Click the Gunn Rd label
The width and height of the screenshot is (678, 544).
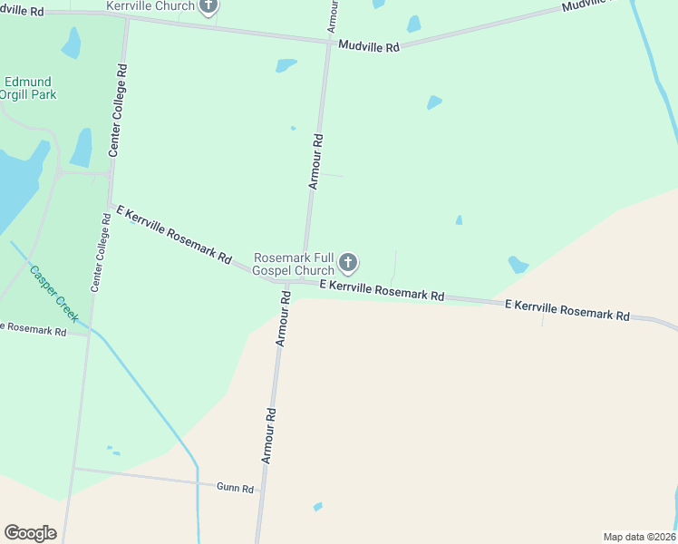pyautogui.click(x=235, y=487)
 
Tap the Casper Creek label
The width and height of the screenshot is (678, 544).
pyautogui.click(x=54, y=292)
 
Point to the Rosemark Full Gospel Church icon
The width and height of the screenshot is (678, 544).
pyautogui.click(x=347, y=265)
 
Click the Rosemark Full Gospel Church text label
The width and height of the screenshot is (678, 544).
pyautogui.click(x=294, y=265)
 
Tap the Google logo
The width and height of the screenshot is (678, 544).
pyautogui.click(x=30, y=533)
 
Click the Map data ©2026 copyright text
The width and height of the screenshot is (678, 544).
pyautogui.click(x=640, y=537)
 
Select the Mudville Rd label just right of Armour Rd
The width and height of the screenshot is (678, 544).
pyautogui.click(x=369, y=45)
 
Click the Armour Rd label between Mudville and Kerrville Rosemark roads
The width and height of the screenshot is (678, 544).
pyautogui.click(x=315, y=161)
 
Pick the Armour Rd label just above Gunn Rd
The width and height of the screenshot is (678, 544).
pyautogui.click(x=269, y=436)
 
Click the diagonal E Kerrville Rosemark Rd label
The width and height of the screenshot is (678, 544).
pyautogui.click(x=174, y=233)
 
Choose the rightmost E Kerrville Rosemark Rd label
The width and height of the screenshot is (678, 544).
pyautogui.click(x=567, y=310)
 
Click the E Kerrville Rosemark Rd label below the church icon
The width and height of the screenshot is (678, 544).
pyautogui.click(x=386, y=290)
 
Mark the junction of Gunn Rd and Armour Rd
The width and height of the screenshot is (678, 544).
pyautogui.click(x=260, y=491)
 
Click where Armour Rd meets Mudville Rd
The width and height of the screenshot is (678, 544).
pyautogui.click(x=329, y=42)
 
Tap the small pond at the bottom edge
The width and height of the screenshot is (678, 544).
pyautogui.click(x=317, y=506)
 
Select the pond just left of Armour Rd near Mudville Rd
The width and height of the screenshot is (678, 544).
pyautogui.click(x=286, y=65)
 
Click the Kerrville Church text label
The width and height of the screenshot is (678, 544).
pyautogui.click(x=150, y=6)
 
